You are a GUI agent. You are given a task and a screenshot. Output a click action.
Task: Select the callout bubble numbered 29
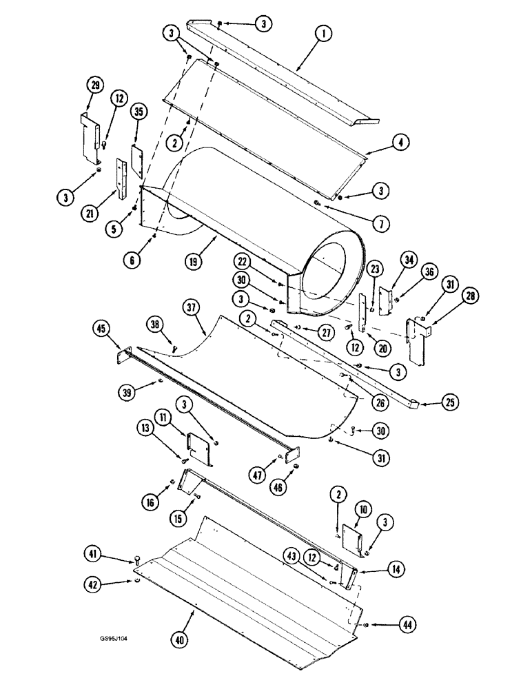pyautogui.click(x=95, y=86)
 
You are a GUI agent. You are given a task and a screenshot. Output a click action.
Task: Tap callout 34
pyautogui.click(x=408, y=260)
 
